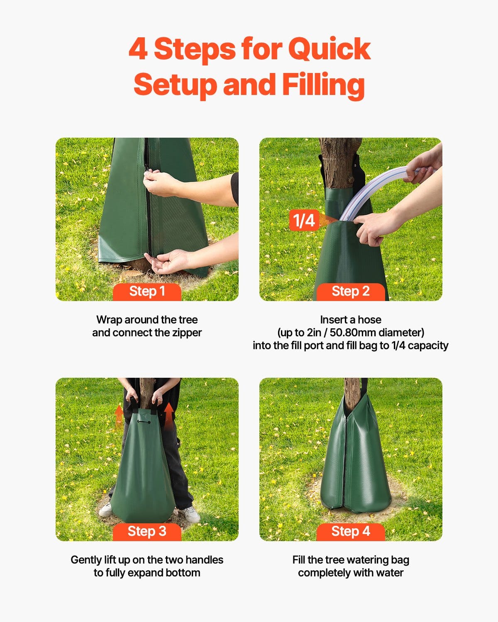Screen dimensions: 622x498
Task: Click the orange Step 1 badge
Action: click(147, 292)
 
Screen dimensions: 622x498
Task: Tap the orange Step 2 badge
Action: click(351, 292)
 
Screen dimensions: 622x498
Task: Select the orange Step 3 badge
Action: click(147, 531)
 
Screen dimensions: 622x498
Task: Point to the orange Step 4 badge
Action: click(351, 531)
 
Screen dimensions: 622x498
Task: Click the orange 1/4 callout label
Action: click(304, 220)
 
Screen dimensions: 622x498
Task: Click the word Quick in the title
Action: click(329, 49)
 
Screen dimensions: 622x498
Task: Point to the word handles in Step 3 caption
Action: click(204, 560)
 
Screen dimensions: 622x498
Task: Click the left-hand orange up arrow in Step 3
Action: click(119, 415)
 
